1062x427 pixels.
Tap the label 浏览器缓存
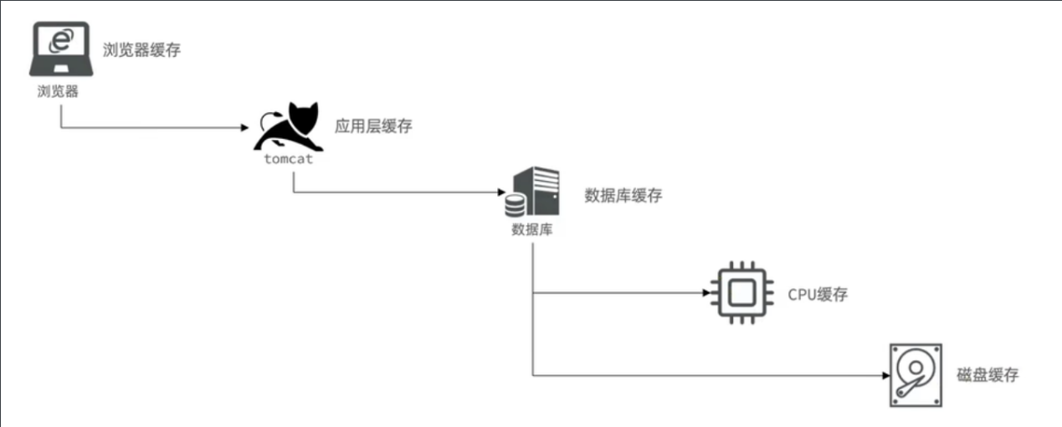[x=141, y=50]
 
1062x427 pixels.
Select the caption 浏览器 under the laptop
[x=58, y=91]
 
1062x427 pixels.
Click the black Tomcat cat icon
[x=289, y=126]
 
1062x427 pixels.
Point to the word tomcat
[x=288, y=158]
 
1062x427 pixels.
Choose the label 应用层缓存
[x=373, y=126]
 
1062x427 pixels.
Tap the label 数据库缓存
[x=623, y=196]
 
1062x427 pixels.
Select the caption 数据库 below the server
[x=531, y=229]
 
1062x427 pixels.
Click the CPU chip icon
[x=739, y=294]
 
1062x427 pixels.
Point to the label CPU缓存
[x=818, y=295]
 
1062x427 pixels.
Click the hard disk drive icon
[x=915, y=374]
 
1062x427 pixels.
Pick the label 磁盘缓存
[x=988, y=375]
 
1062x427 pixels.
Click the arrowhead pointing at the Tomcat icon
[x=246, y=128]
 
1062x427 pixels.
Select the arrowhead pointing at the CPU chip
[x=705, y=294]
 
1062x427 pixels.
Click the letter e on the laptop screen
[x=59, y=40]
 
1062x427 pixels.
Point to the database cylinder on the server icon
[x=515, y=204]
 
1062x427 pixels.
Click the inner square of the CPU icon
[x=739, y=294]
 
